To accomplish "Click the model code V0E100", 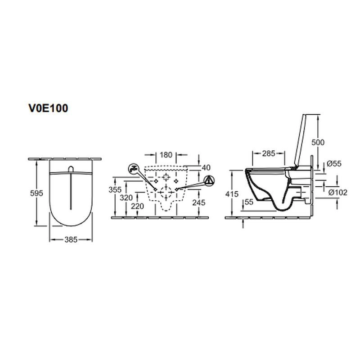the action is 48,108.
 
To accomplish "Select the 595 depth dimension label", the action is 37,193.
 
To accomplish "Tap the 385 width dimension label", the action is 71,240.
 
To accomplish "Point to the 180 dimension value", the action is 166,155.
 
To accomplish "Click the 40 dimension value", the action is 206,167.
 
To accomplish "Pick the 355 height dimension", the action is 115,189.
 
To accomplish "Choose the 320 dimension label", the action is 126,198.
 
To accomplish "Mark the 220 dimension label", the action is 137,206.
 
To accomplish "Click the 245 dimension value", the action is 199,202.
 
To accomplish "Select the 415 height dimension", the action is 232,194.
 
